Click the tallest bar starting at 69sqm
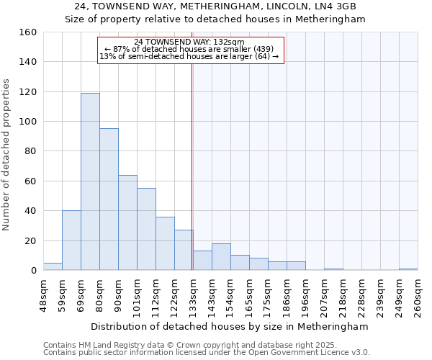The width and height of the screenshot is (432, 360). (x=90, y=181)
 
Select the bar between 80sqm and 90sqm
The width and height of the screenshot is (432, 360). (x=109, y=199)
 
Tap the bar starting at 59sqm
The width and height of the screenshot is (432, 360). (x=71, y=240)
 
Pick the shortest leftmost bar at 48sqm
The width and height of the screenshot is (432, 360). (x=53, y=266)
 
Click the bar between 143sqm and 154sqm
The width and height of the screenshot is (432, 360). (x=221, y=257)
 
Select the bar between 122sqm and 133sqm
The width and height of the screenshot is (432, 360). (x=184, y=250)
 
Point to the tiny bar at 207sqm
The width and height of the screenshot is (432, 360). (x=333, y=269)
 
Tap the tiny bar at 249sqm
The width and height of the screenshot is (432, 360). (x=408, y=269)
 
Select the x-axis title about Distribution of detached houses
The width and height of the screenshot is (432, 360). (x=230, y=326)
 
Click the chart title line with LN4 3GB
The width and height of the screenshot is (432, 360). (x=215, y=6)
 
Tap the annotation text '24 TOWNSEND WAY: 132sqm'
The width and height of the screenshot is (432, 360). (x=190, y=42)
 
